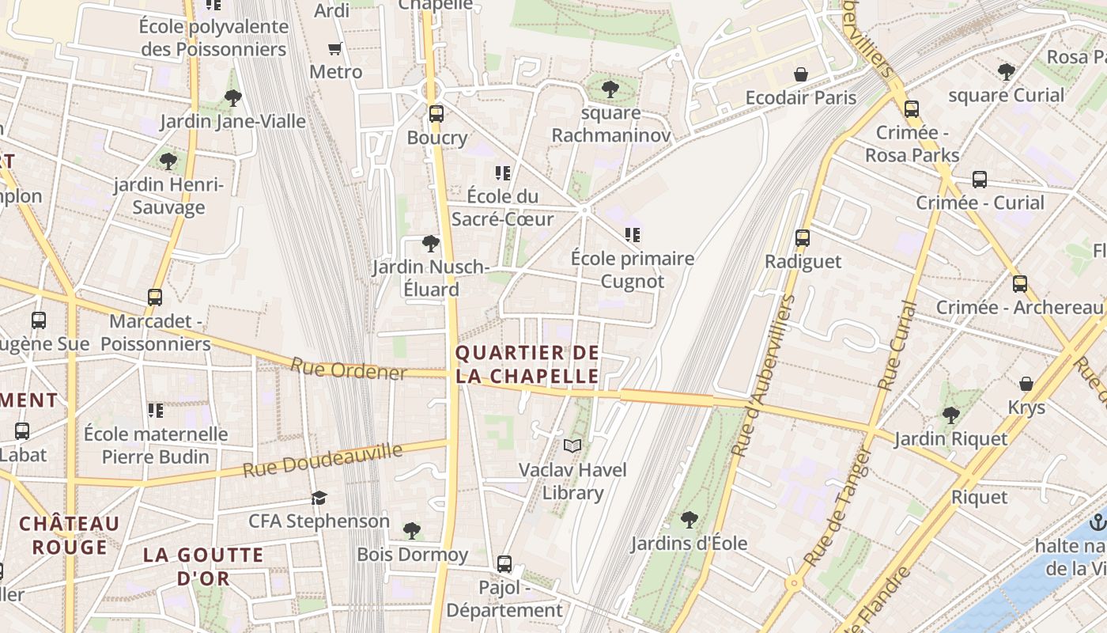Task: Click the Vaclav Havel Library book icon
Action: click(572, 446)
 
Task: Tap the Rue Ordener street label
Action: click(348, 370)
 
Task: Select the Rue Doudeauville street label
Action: click(323, 461)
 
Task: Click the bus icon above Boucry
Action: click(436, 114)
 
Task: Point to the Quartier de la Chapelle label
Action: click(527, 364)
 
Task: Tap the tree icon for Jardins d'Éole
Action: click(689, 520)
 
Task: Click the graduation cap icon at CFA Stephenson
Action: click(319, 498)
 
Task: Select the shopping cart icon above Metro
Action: click(335, 49)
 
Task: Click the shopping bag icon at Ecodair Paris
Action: click(801, 74)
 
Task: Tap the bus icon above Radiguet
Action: click(803, 237)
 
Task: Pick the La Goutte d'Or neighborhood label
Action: click(203, 567)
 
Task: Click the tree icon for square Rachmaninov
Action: click(610, 89)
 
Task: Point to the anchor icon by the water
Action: click(1097, 522)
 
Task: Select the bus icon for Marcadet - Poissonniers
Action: click(155, 298)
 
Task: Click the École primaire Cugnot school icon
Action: click(633, 235)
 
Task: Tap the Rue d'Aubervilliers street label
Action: click(762, 376)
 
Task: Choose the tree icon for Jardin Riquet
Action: click(950, 415)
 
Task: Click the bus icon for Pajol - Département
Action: click(504, 564)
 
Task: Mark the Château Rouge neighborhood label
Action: click(69, 535)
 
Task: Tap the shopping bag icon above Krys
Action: click(1026, 384)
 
